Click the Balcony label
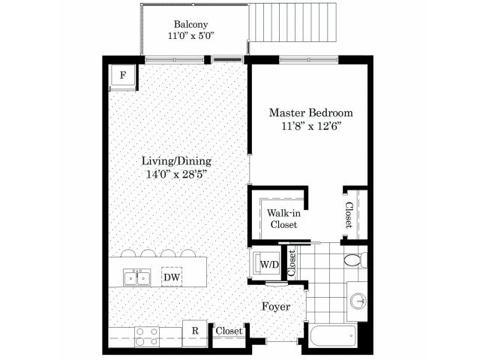(190, 24)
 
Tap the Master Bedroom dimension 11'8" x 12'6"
(311, 126)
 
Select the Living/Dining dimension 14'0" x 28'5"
(176, 174)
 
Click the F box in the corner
(123, 76)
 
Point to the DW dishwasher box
(172, 277)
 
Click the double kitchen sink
(136, 277)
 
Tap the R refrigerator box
(195, 331)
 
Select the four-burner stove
(147, 337)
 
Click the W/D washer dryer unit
(265, 264)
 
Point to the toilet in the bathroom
(355, 260)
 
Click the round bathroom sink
(358, 301)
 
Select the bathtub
(333, 336)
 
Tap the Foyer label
(276, 307)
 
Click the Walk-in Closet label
(283, 218)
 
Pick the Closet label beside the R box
(229, 331)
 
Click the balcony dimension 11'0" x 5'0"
(190, 36)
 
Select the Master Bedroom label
(311, 112)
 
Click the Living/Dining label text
(176, 160)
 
